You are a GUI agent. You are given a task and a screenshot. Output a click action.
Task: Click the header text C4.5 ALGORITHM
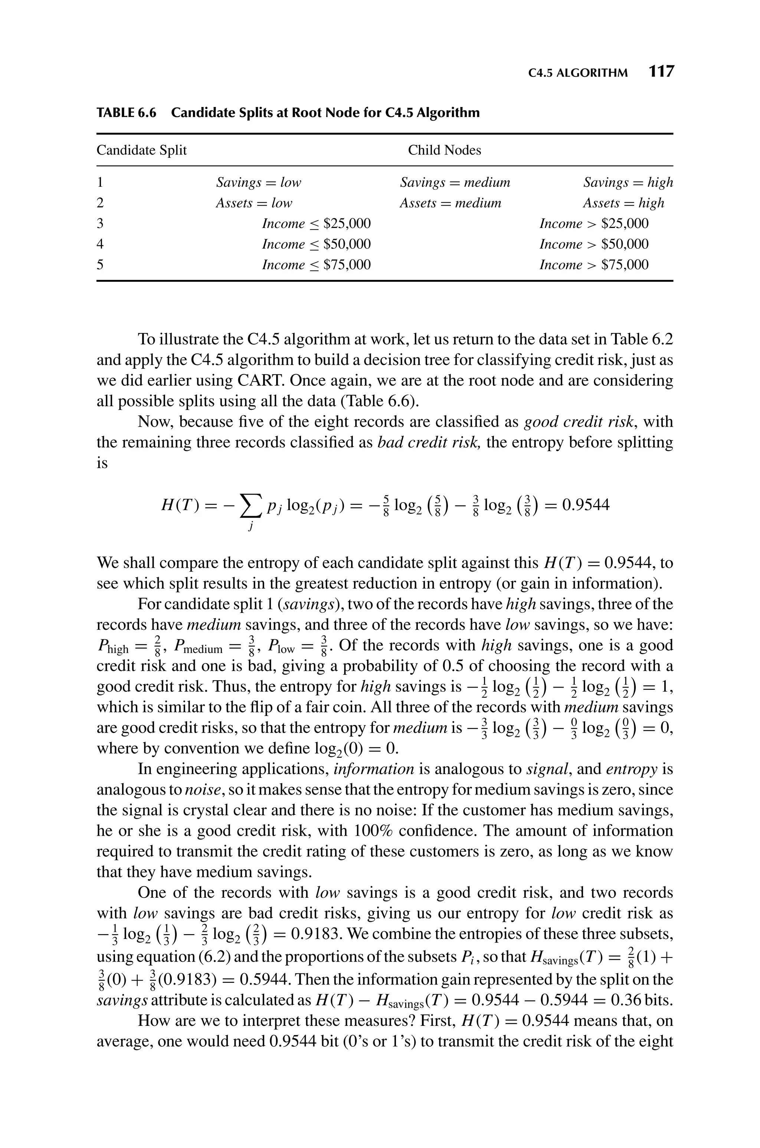point(578,73)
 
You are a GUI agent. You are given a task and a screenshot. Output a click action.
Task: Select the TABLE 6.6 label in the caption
point(127,113)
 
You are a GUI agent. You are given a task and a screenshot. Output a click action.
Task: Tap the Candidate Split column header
point(141,150)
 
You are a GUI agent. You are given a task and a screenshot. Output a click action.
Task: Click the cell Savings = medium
point(455,183)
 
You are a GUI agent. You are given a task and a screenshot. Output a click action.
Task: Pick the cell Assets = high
point(623,203)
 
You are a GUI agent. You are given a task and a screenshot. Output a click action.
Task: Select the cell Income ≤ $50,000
point(316,244)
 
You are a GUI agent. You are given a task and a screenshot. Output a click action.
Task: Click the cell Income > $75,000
point(594,265)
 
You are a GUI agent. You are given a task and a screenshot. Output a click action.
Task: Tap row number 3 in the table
point(100,224)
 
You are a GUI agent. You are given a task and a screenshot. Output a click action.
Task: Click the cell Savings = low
point(258,183)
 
